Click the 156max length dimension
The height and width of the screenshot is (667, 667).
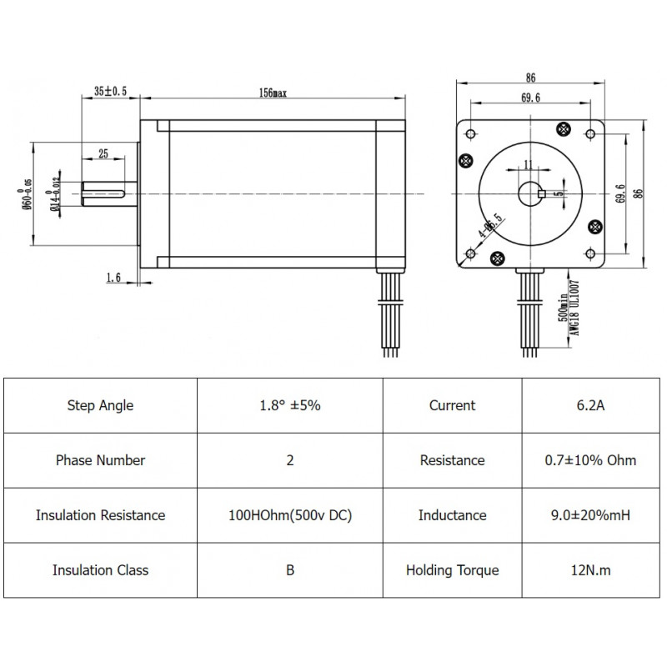[273, 93]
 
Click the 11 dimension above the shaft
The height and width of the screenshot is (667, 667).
[527, 164]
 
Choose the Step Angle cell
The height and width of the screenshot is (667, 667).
[100, 406]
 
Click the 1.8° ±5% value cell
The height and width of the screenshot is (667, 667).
[289, 406]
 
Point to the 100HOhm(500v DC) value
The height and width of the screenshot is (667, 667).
[289, 515]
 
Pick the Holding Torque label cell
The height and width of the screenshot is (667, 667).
[452, 570]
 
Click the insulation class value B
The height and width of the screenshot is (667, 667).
[289, 570]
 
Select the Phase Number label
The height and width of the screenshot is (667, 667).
[100, 460]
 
